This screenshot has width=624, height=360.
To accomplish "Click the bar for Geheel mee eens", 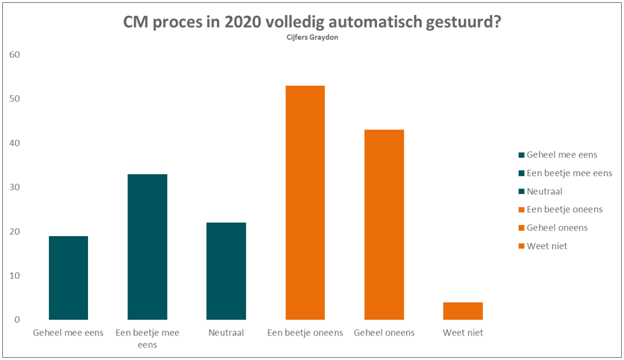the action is click(x=68, y=278).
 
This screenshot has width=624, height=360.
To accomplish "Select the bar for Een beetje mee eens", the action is click(x=147, y=247).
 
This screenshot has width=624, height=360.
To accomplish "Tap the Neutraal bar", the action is click(x=226, y=271).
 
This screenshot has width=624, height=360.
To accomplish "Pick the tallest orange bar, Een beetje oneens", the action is click(x=305, y=202).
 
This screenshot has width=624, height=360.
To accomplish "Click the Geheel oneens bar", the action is click(x=384, y=224).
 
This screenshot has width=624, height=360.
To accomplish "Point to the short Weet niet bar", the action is click(x=463, y=311).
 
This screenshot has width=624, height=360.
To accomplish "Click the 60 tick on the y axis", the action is click(x=14, y=54).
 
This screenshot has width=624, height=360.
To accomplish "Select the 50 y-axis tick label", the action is click(x=14, y=99).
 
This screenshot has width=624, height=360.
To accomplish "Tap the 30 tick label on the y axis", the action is click(x=14, y=187).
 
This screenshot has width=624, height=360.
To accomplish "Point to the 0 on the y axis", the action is click(x=17, y=320).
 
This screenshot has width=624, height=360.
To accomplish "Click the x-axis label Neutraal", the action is click(x=226, y=333).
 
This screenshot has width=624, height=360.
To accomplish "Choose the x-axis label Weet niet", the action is click(x=463, y=333).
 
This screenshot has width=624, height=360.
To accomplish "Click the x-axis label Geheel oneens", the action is click(x=384, y=333).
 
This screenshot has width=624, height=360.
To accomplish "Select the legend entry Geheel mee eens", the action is click(x=562, y=155).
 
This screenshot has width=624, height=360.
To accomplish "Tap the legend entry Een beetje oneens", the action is click(x=564, y=209).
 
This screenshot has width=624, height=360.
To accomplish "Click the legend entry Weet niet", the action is click(x=547, y=246).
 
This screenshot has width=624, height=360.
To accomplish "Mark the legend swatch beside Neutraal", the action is click(x=521, y=192).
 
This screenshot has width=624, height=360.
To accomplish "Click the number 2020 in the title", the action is click(x=241, y=22).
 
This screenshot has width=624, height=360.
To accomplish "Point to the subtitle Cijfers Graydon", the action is click(x=312, y=37).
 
